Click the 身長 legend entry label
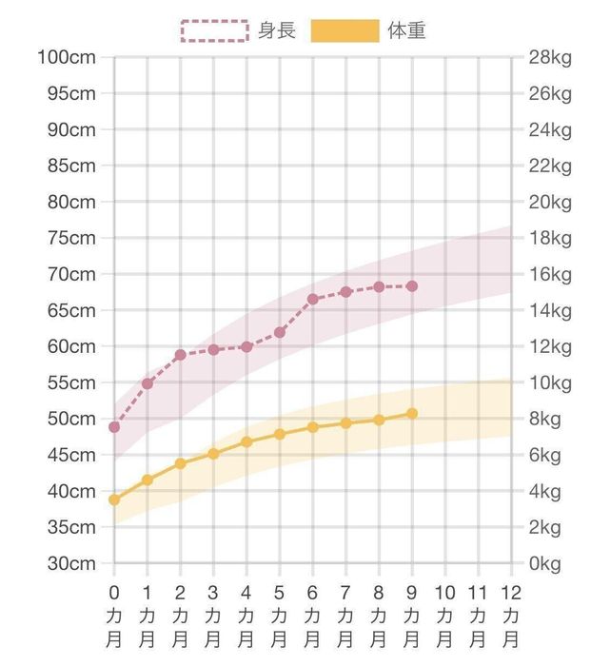pos(277,30)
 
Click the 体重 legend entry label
pos(407,30)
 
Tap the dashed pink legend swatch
pos(215,30)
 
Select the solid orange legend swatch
pos(345,30)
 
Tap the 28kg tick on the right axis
pos(550,57)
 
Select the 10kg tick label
pos(550,382)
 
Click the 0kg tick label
pos(546,563)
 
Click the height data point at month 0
pos(114,427)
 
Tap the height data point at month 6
pos(312,300)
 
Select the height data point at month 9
pos(412,286)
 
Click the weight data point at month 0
pos(114,499)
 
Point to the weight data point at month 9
pos(412,413)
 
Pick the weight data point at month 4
pos(246,441)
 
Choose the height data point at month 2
pos(180,355)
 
